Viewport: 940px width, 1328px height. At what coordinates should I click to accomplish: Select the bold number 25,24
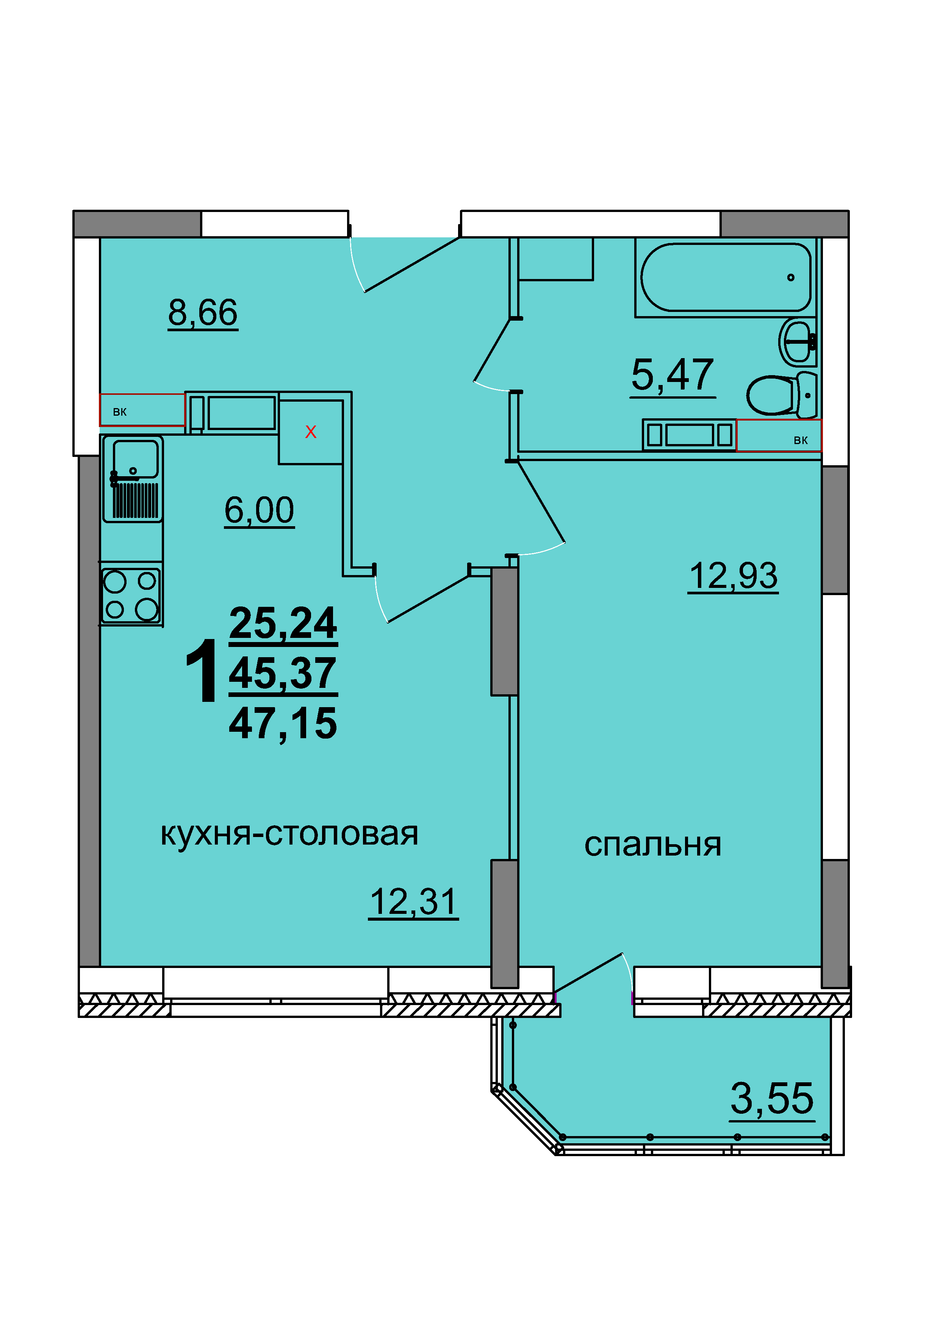tap(283, 623)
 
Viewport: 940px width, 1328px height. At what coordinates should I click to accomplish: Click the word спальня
tap(652, 845)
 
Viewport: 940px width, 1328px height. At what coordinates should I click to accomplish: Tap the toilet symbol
tap(781, 395)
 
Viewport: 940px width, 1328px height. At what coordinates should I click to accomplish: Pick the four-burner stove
tap(131, 595)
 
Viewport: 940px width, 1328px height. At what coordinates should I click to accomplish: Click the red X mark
tap(311, 432)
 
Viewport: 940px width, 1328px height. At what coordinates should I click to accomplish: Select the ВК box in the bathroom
tap(779, 435)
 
